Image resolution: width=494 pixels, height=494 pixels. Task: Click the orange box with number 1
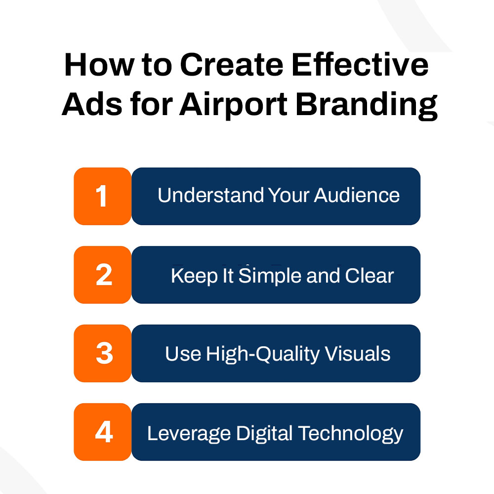[x=102, y=196]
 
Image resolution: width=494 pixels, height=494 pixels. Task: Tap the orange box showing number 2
[x=102, y=275]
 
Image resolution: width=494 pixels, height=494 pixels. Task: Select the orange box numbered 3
[x=102, y=353]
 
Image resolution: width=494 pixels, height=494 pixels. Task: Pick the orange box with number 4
[x=102, y=432]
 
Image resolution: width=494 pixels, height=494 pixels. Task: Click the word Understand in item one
[x=211, y=195]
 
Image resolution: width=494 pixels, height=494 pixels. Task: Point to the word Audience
[x=357, y=195]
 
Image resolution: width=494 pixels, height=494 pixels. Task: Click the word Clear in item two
[x=369, y=276]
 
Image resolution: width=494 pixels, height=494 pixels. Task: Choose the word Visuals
[x=358, y=354]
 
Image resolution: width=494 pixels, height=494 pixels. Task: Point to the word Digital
[x=264, y=434]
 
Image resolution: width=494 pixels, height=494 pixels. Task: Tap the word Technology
[x=351, y=434]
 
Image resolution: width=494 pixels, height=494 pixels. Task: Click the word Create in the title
[x=232, y=65]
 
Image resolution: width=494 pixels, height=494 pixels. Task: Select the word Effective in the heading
[x=360, y=65]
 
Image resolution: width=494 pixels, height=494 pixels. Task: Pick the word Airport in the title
[x=233, y=105]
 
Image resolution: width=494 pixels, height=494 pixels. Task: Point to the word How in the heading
[x=99, y=65]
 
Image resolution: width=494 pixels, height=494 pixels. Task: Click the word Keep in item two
[x=194, y=276]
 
